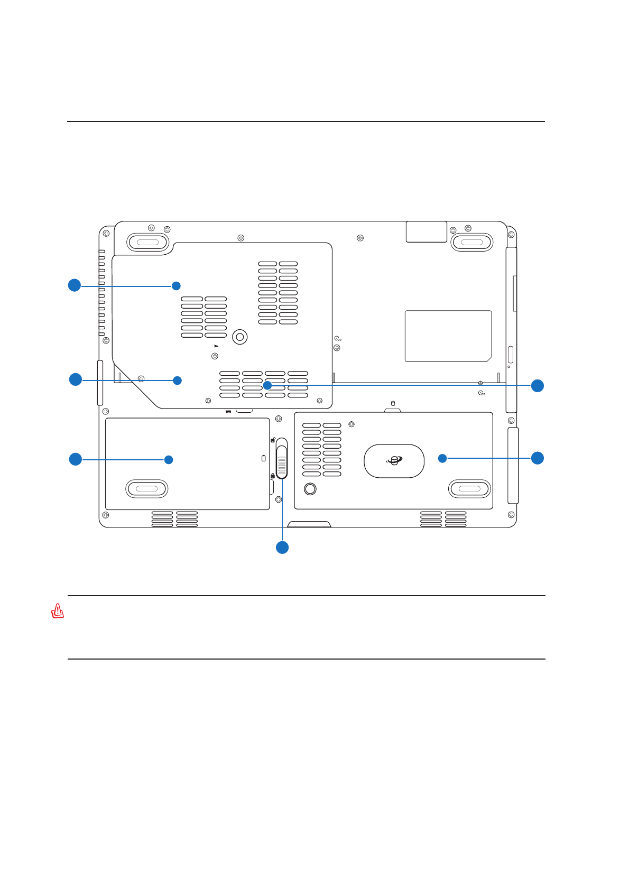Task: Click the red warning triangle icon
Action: (58, 611)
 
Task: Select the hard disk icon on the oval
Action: (394, 461)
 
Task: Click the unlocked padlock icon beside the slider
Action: (273, 440)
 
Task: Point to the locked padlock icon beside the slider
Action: (272, 476)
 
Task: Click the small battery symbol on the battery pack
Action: (264, 458)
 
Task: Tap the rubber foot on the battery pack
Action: (147, 489)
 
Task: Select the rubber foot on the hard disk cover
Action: (469, 489)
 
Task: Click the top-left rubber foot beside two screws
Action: (147, 243)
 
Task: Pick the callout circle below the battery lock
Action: (282, 548)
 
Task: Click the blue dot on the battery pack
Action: (169, 460)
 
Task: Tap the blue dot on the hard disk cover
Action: (442, 458)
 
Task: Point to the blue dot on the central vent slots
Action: (267, 385)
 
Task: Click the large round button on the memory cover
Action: (239, 337)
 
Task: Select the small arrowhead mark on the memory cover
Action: (216, 346)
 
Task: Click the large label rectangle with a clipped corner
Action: (448, 336)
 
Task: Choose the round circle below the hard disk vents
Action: (310, 489)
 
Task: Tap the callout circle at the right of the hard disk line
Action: (538, 458)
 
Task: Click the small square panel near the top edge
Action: (426, 232)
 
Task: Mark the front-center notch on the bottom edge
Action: (309, 524)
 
